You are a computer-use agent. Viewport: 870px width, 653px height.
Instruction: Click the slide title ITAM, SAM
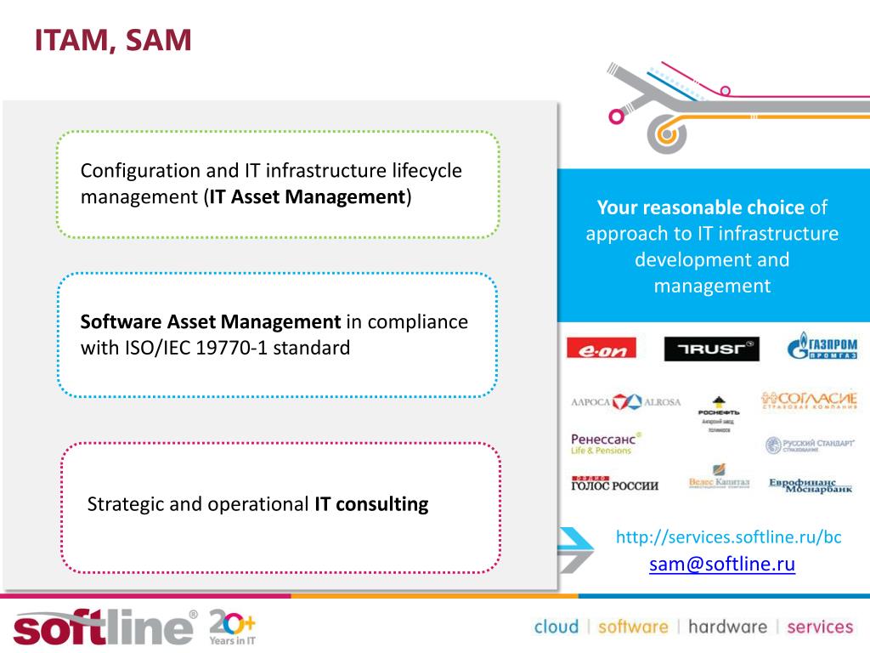pyautogui.click(x=113, y=40)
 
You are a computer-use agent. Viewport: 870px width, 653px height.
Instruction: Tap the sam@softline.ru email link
pyautogui.click(x=722, y=565)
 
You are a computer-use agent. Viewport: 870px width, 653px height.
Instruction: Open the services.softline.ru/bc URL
pyautogui.click(x=728, y=537)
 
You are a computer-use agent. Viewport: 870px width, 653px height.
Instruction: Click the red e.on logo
pyautogui.click(x=601, y=349)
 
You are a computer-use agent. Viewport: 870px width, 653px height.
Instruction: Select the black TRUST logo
pyautogui.click(x=711, y=349)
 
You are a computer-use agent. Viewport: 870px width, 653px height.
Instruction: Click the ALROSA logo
pyautogui.click(x=626, y=402)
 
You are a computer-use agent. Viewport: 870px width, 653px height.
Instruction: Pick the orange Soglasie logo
pyautogui.click(x=809, y=400)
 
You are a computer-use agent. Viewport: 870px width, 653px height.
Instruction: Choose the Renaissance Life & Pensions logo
pyautogui.click(x=606, y=443)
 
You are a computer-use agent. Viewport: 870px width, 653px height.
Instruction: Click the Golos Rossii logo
pyautogui.click(x=614, y=484)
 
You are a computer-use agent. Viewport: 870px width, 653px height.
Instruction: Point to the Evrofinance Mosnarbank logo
pyautogui.click(x=811, y=485)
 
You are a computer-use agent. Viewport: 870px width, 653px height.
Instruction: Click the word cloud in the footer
pyautogui.click(x=556, y=627)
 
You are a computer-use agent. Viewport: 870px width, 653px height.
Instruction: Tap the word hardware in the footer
pyautogui.click(x=727, y=627)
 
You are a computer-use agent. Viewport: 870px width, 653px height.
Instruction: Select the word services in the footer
pyautogui.click(x=820, y=627)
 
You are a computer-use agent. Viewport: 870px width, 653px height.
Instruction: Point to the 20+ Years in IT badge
pyautogui.click(x=232, y=627)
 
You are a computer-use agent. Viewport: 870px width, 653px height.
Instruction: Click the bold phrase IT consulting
pyautogui.click(x=371, y=504)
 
